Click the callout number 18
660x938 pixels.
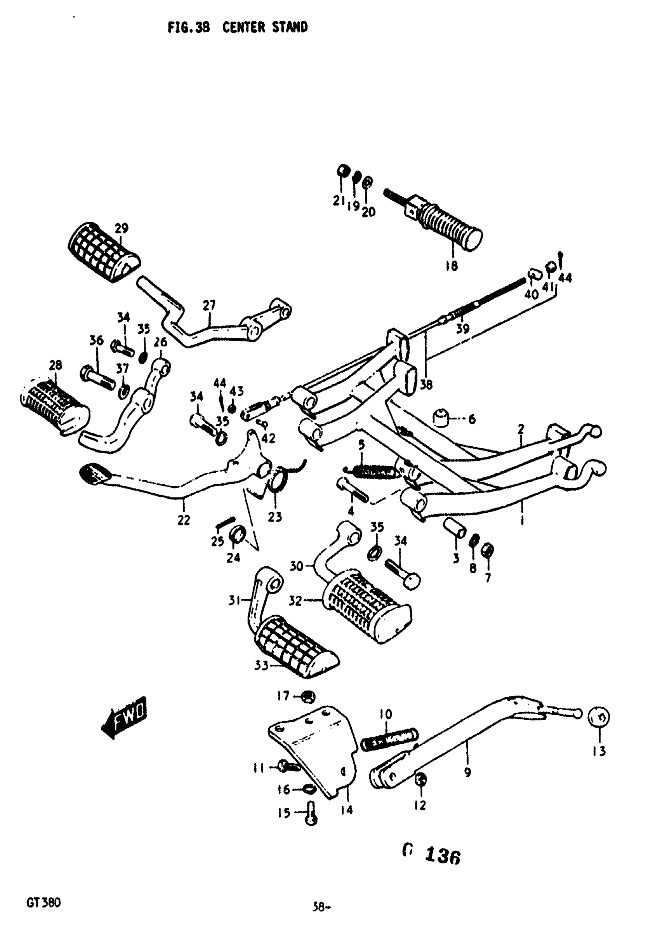pos(451,266)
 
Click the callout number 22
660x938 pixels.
pos(184,520)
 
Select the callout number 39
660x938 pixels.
pos(463,328)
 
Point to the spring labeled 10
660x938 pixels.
pos(388,739)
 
